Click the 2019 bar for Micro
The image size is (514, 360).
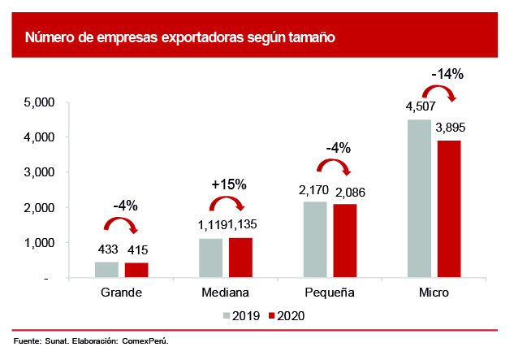[419, 199]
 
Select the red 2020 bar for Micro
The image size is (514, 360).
[448, 210]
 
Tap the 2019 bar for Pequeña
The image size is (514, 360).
[315, 240]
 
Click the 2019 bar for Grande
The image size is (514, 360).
[106, 270]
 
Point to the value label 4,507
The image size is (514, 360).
[419, 106]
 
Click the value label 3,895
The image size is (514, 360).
[449, 128]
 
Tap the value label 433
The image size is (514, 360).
[106, 249]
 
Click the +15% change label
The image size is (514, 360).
[228, 184]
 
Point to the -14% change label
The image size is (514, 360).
[447, 74]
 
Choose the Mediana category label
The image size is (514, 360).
[225, 292]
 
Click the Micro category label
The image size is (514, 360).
[434, 292]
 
